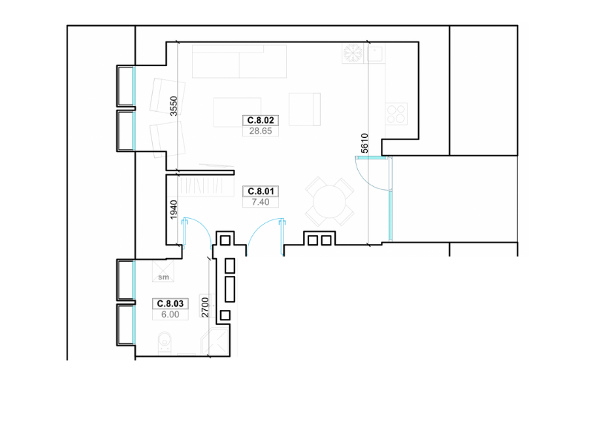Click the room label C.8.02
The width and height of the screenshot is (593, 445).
pos(261,120)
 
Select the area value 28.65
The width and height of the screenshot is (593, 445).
pos(261,131)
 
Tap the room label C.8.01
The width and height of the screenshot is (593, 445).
pos(261,191)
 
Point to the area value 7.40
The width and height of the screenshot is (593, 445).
pos(261,202)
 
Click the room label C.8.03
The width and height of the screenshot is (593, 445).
pos(170,303)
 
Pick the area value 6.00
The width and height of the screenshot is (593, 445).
pos(170,314)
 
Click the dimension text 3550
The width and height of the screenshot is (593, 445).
pos(173,106)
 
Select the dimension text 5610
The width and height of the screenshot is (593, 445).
pos(364,143)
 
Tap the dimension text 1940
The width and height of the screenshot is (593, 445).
pos(173,210)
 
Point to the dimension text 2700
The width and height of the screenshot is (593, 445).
pos(205,307)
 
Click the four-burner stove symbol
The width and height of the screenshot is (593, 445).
pos(397,113)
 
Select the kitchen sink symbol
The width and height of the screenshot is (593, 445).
pos(374,53)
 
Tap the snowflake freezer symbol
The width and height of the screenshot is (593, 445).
pos(353,53)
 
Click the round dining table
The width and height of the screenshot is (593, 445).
pos(329,201)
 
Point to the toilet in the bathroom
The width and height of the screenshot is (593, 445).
pos(165,343)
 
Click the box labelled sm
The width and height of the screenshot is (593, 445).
pos(163,271)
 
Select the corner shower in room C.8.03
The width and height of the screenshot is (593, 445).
pos(215,342)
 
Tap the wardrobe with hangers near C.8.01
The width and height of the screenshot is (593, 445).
pos(205,187)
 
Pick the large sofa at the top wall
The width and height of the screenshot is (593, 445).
pos(239,62)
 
